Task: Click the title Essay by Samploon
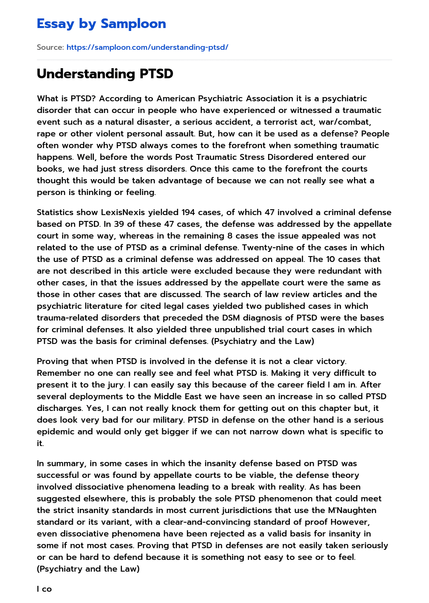pyautogui.click(x=101, y=24)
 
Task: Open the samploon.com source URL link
pyautogui.click(x=147, y=47)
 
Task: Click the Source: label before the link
pyautogui.click(x=50, y=47)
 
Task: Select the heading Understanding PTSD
pyautogui.click(x=105, y=74)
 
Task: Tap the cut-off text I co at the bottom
pyautogui.click(x=44, y=589)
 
